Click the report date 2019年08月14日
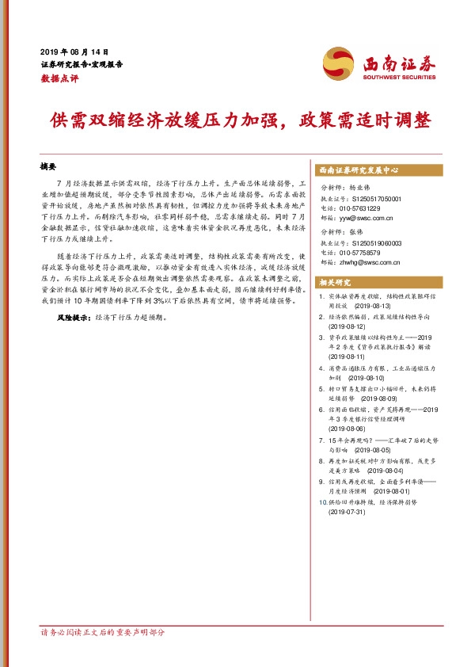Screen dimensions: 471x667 pos(74,51)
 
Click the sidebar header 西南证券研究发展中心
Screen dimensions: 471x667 pos(358,170)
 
